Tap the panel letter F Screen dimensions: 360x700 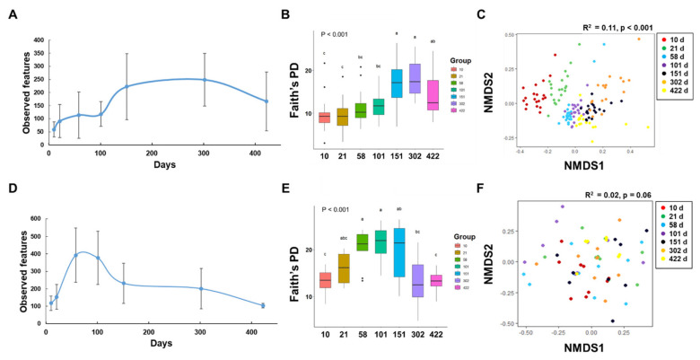(508, 190)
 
